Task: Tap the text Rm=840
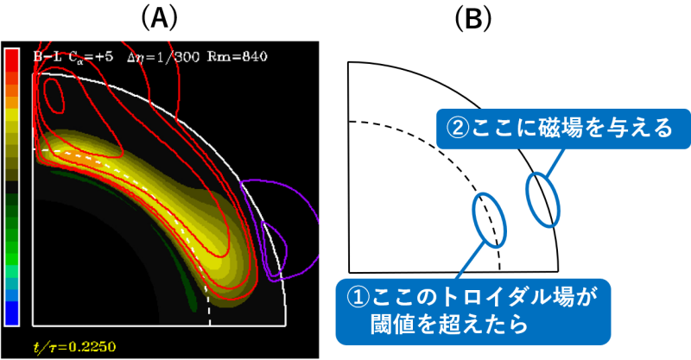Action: click(x=237, y=57)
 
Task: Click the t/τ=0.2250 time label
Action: click(x=75, y=347)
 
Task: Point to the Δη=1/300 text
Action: click(x=163, y=57)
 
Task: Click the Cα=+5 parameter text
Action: click(x=91, y=57)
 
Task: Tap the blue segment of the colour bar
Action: click(x=12, y=313)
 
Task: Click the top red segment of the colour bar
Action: click(x=12, y=55)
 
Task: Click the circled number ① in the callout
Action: click(x=358, y=298)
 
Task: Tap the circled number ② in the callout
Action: click(x=457, y=129)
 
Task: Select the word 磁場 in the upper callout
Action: click(x=546, y=129)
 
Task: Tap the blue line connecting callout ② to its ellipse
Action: click(x=555, y=161)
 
